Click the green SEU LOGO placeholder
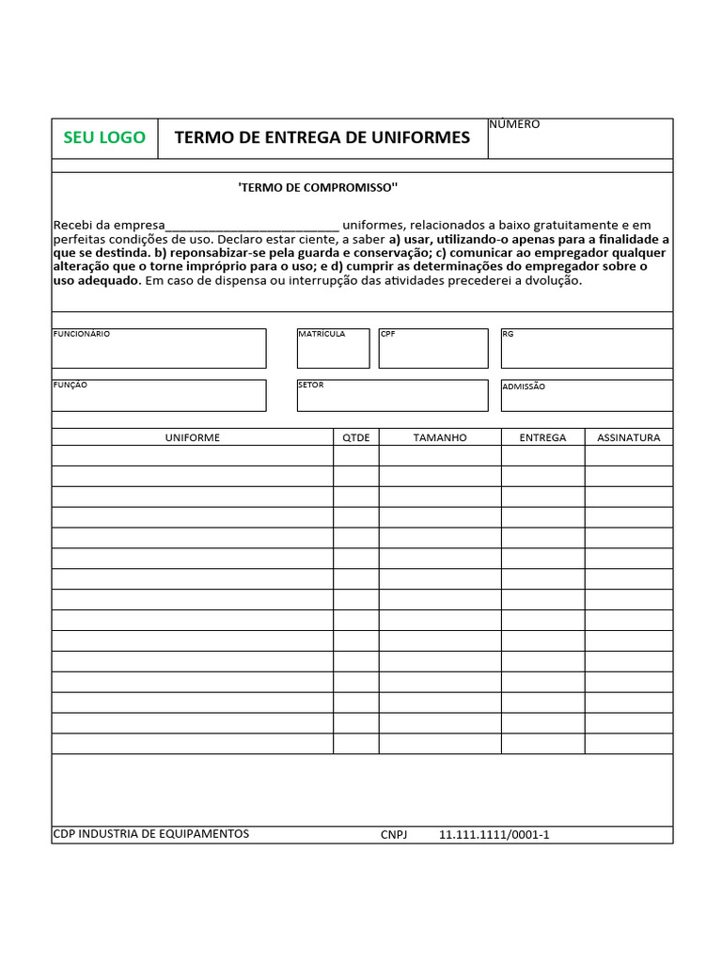click(104, 138)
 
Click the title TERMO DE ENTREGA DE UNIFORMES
click(322, 138)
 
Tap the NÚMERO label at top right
click(514, 124)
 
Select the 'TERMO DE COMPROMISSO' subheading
click(318, 188)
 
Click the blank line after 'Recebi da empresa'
click(252, 226)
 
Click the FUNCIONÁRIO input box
click(159, 349)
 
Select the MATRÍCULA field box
click(333, 349)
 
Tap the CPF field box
click(433, 349)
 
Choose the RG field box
click(587, 349)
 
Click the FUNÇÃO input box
click(159, 396)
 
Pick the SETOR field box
click(392, 396)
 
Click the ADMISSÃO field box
click(587, 396)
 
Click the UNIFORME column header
click(193, 438)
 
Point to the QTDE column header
click(356, 438)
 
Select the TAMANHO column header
click(440, 438)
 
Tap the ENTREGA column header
click(542, 438)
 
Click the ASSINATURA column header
click(629, 438)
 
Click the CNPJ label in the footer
click(394, 835)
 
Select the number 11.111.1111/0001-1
click(494, 835)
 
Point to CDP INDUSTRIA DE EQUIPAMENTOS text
click(151, 834)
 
